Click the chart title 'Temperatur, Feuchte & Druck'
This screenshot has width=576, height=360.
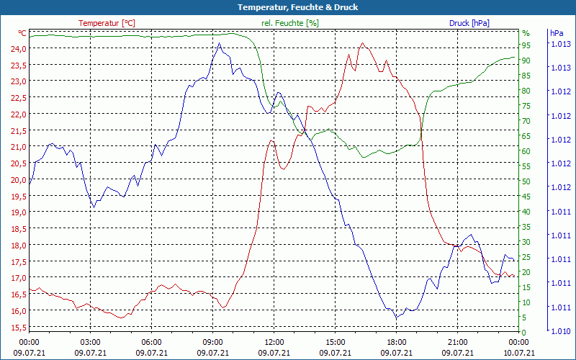(288, 7)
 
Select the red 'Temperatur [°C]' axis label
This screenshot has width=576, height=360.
(107, 23)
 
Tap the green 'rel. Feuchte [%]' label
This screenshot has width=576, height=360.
(289, 23)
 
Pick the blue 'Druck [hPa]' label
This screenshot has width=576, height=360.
(469, 23)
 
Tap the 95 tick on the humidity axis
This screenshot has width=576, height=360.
(526, 45)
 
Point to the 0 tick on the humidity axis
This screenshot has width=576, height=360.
(524, 333)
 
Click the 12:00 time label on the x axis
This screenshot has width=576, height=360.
(274, 342)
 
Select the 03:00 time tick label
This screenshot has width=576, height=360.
(90, 342)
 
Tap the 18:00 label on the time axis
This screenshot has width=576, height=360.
(397, 342)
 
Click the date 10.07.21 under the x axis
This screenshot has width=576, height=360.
(519, 352)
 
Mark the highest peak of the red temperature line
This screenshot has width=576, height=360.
(363, 43)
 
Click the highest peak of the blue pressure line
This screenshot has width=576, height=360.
(219, 43)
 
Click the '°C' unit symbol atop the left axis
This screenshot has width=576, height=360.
(22, 33)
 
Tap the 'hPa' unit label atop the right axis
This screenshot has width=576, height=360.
(557, 33)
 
